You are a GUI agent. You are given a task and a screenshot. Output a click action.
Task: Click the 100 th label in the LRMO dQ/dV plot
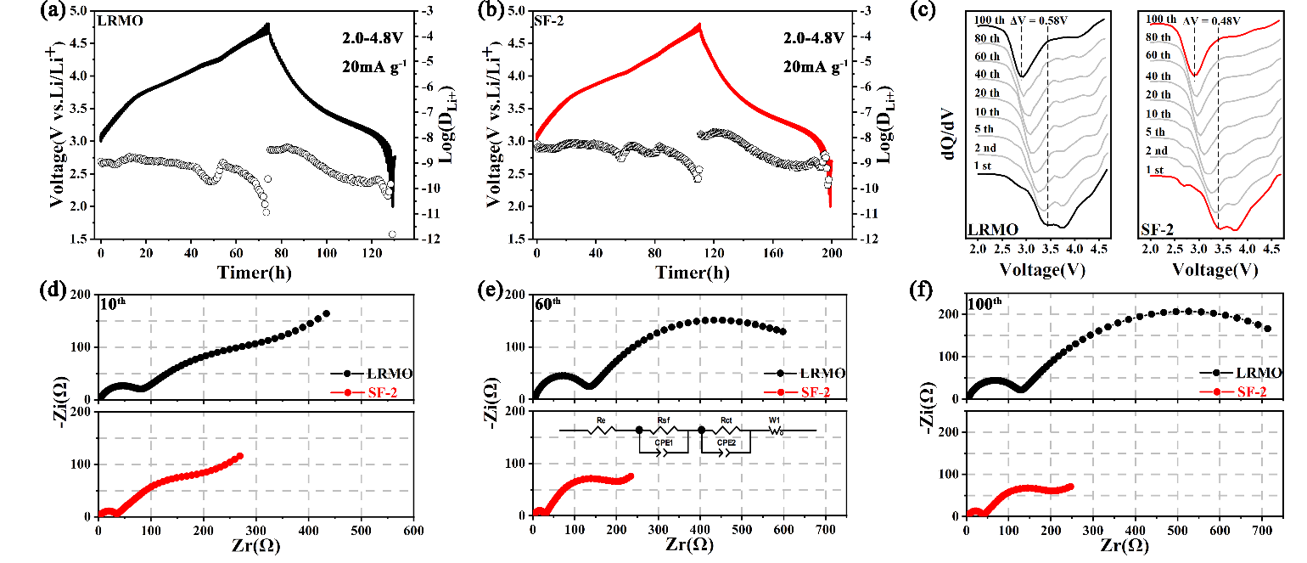993,20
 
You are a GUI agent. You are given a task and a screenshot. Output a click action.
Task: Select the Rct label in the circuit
726,420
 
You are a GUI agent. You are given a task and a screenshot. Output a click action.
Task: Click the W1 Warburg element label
777,420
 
